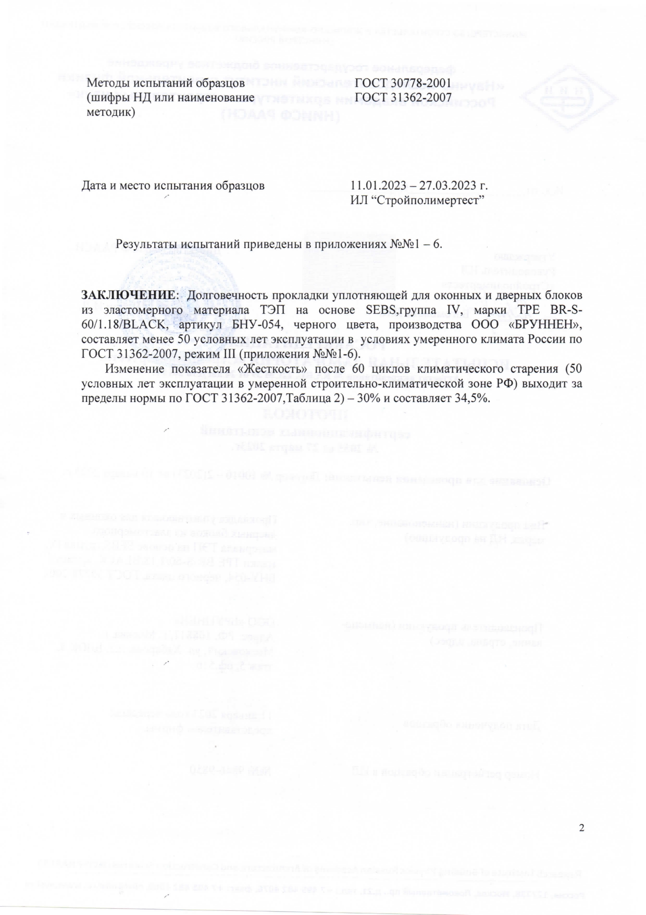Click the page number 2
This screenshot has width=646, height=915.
582,828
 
